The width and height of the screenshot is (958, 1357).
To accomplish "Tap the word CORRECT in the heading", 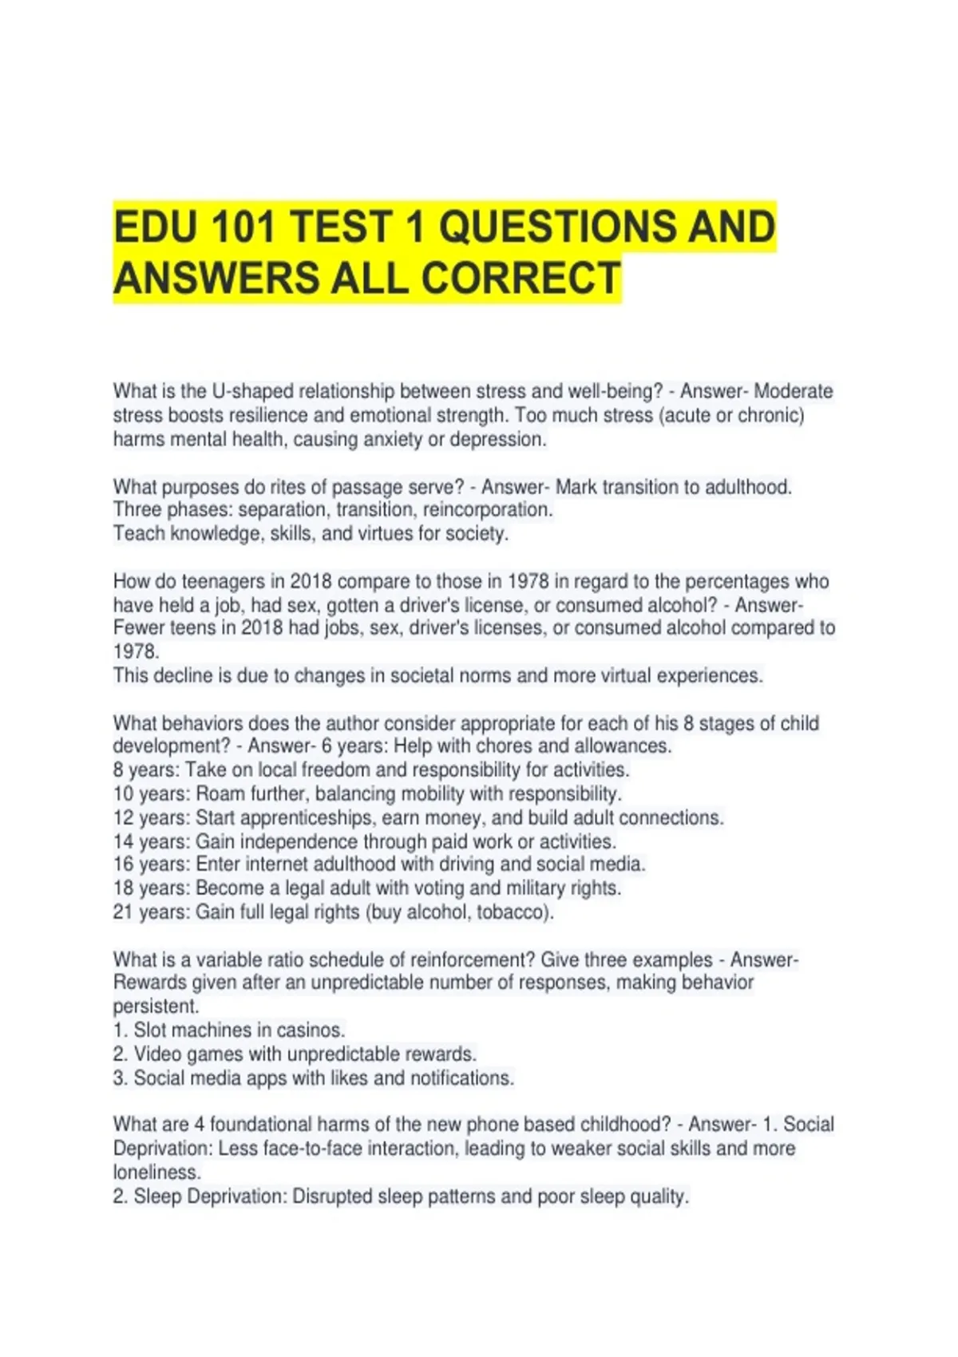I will (x=520, y=277).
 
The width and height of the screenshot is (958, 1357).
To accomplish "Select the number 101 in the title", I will (x=242, y=227).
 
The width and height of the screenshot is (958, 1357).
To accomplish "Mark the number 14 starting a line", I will (x=123, y=841).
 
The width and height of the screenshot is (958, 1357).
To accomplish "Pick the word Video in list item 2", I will (x=156, y=1054).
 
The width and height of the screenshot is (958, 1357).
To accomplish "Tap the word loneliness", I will (x=156, y=1172).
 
